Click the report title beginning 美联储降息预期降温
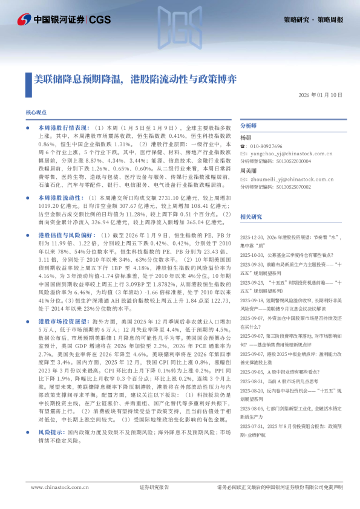point(136,79)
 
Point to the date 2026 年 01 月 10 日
point(320,96)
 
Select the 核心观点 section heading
point(36,113)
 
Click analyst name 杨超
point(246,138)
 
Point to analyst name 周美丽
point(249,171)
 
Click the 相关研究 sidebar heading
point(251,216)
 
